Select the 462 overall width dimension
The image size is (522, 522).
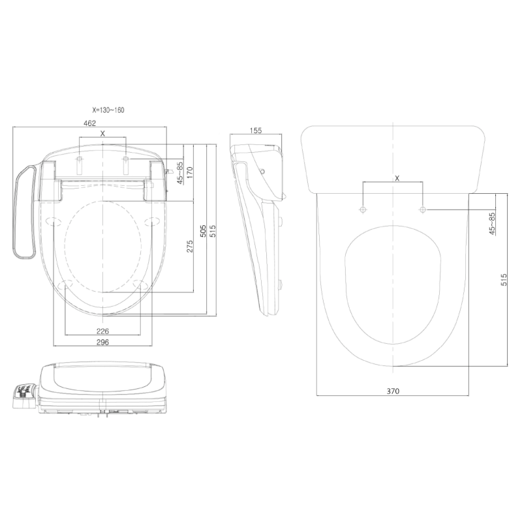coord(90,123)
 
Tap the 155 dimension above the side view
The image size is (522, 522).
coord(256,130)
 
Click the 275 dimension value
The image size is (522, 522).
coord(190,247)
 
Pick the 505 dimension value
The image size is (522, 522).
coord(204,231)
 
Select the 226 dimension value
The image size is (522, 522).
coord(103,330)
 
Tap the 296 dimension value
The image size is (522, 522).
coord(103,342)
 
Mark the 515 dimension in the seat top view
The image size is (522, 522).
coord(213,231)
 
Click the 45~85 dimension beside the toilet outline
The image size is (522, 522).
coord(493,223)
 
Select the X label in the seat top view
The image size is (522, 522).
coord(102,132)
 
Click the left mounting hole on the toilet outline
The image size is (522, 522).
coord(363,209)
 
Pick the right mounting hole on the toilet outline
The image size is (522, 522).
coord(423,209)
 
